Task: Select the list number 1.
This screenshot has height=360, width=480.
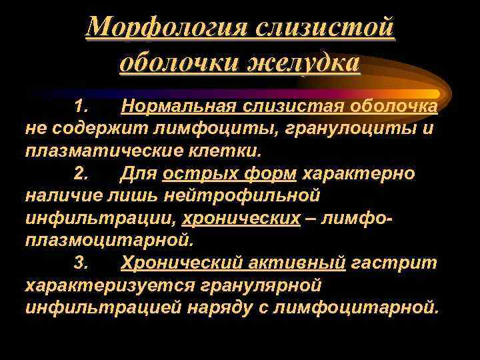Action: pos(81,107)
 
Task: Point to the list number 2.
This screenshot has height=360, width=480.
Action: pos(81,174)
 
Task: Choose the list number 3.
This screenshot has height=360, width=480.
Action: pos(81,263)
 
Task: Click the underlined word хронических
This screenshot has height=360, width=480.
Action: pos(241,219)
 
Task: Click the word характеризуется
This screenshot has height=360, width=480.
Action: pos(109,286)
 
